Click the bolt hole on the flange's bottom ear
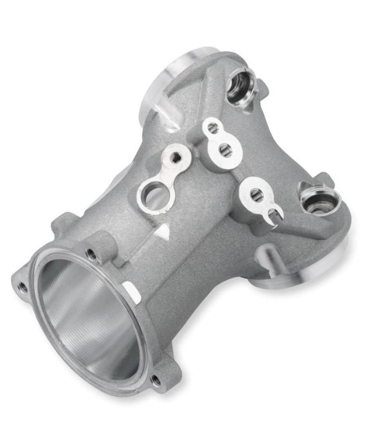[x=157, y=379]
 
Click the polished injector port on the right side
[x=318, y=200]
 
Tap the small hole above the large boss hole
[x=176, y=157]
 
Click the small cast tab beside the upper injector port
[x=262, y=86]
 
